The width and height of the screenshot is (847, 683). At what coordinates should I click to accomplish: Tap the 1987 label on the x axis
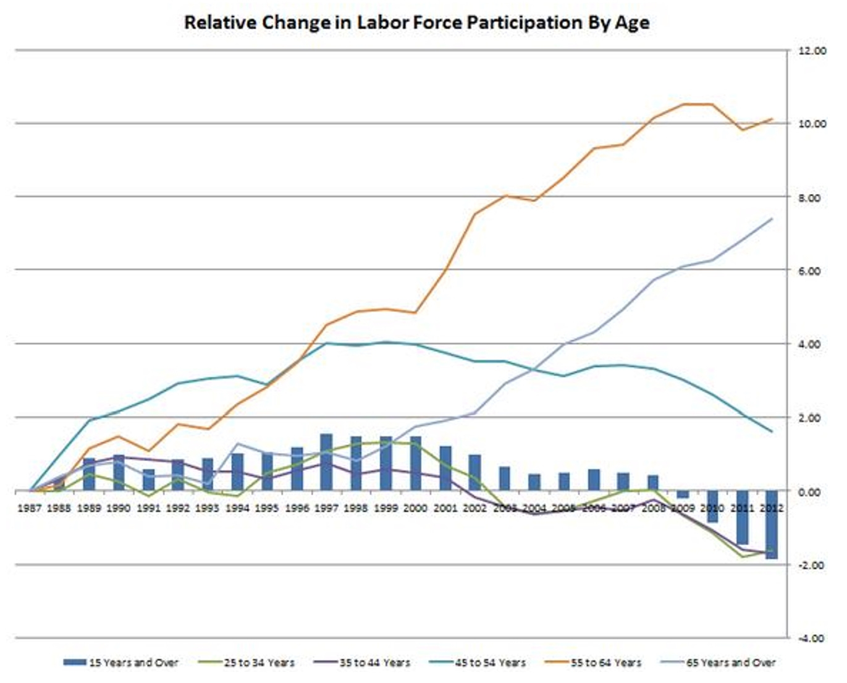click(x=30, y=508)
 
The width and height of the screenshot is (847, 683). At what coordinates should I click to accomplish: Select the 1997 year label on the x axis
click(x=326, y=508)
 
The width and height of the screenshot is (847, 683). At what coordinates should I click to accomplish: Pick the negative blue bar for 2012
click(x=772, y=525)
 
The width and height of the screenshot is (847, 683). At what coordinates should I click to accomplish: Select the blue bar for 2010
click(x=712, y=506)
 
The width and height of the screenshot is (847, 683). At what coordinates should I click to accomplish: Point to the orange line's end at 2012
click(x=772, y=119)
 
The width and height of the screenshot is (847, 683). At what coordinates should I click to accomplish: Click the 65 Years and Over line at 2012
click(x=772, y=219)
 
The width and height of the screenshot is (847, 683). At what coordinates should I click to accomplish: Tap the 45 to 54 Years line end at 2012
click(x=772, y=431)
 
